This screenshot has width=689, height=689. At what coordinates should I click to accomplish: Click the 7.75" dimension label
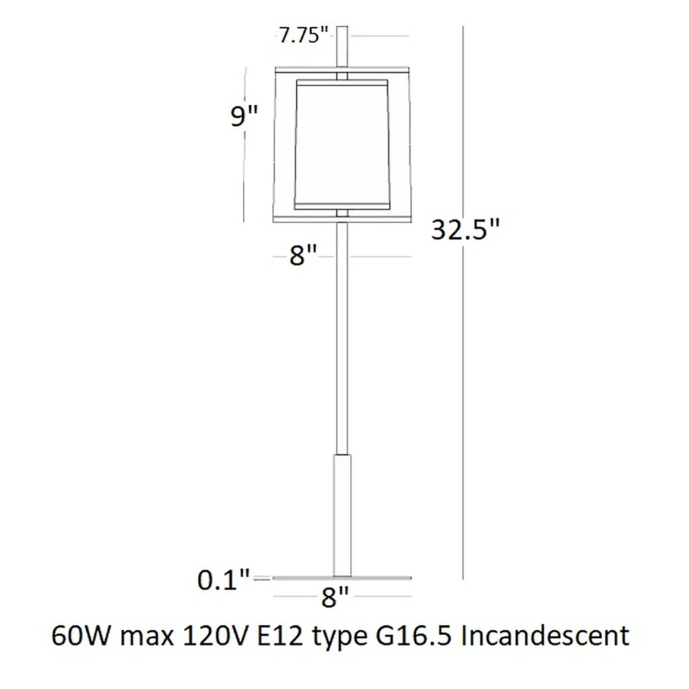[303, 35]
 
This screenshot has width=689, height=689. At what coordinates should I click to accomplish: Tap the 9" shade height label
[244, 116]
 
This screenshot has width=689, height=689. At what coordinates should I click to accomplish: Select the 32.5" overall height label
[466, 229]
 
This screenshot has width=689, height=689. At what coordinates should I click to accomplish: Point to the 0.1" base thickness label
[223, 580]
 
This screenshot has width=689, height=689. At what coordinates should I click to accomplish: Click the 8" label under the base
[335, 597]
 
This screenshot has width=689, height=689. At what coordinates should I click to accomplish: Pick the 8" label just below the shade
[303, 255]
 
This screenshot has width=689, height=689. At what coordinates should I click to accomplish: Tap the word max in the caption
[147, 638]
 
